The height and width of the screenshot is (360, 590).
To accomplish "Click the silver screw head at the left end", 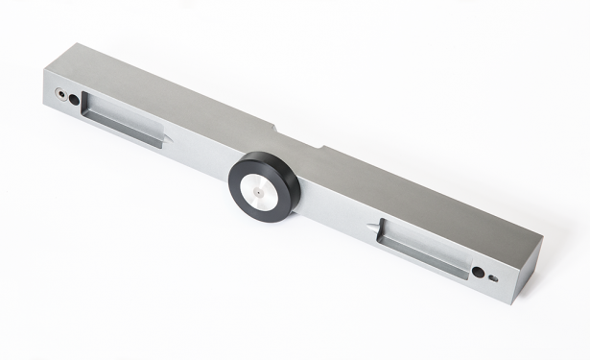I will (x=62, y=96).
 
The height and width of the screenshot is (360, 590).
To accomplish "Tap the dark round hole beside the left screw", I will (x=75, y=101).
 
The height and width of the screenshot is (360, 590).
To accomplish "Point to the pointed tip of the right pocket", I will (x=371, y=227).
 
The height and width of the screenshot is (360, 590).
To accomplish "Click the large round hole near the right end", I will (x=477, y=273).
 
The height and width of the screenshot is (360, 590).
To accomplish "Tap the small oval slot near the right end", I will (x=493, y=279).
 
